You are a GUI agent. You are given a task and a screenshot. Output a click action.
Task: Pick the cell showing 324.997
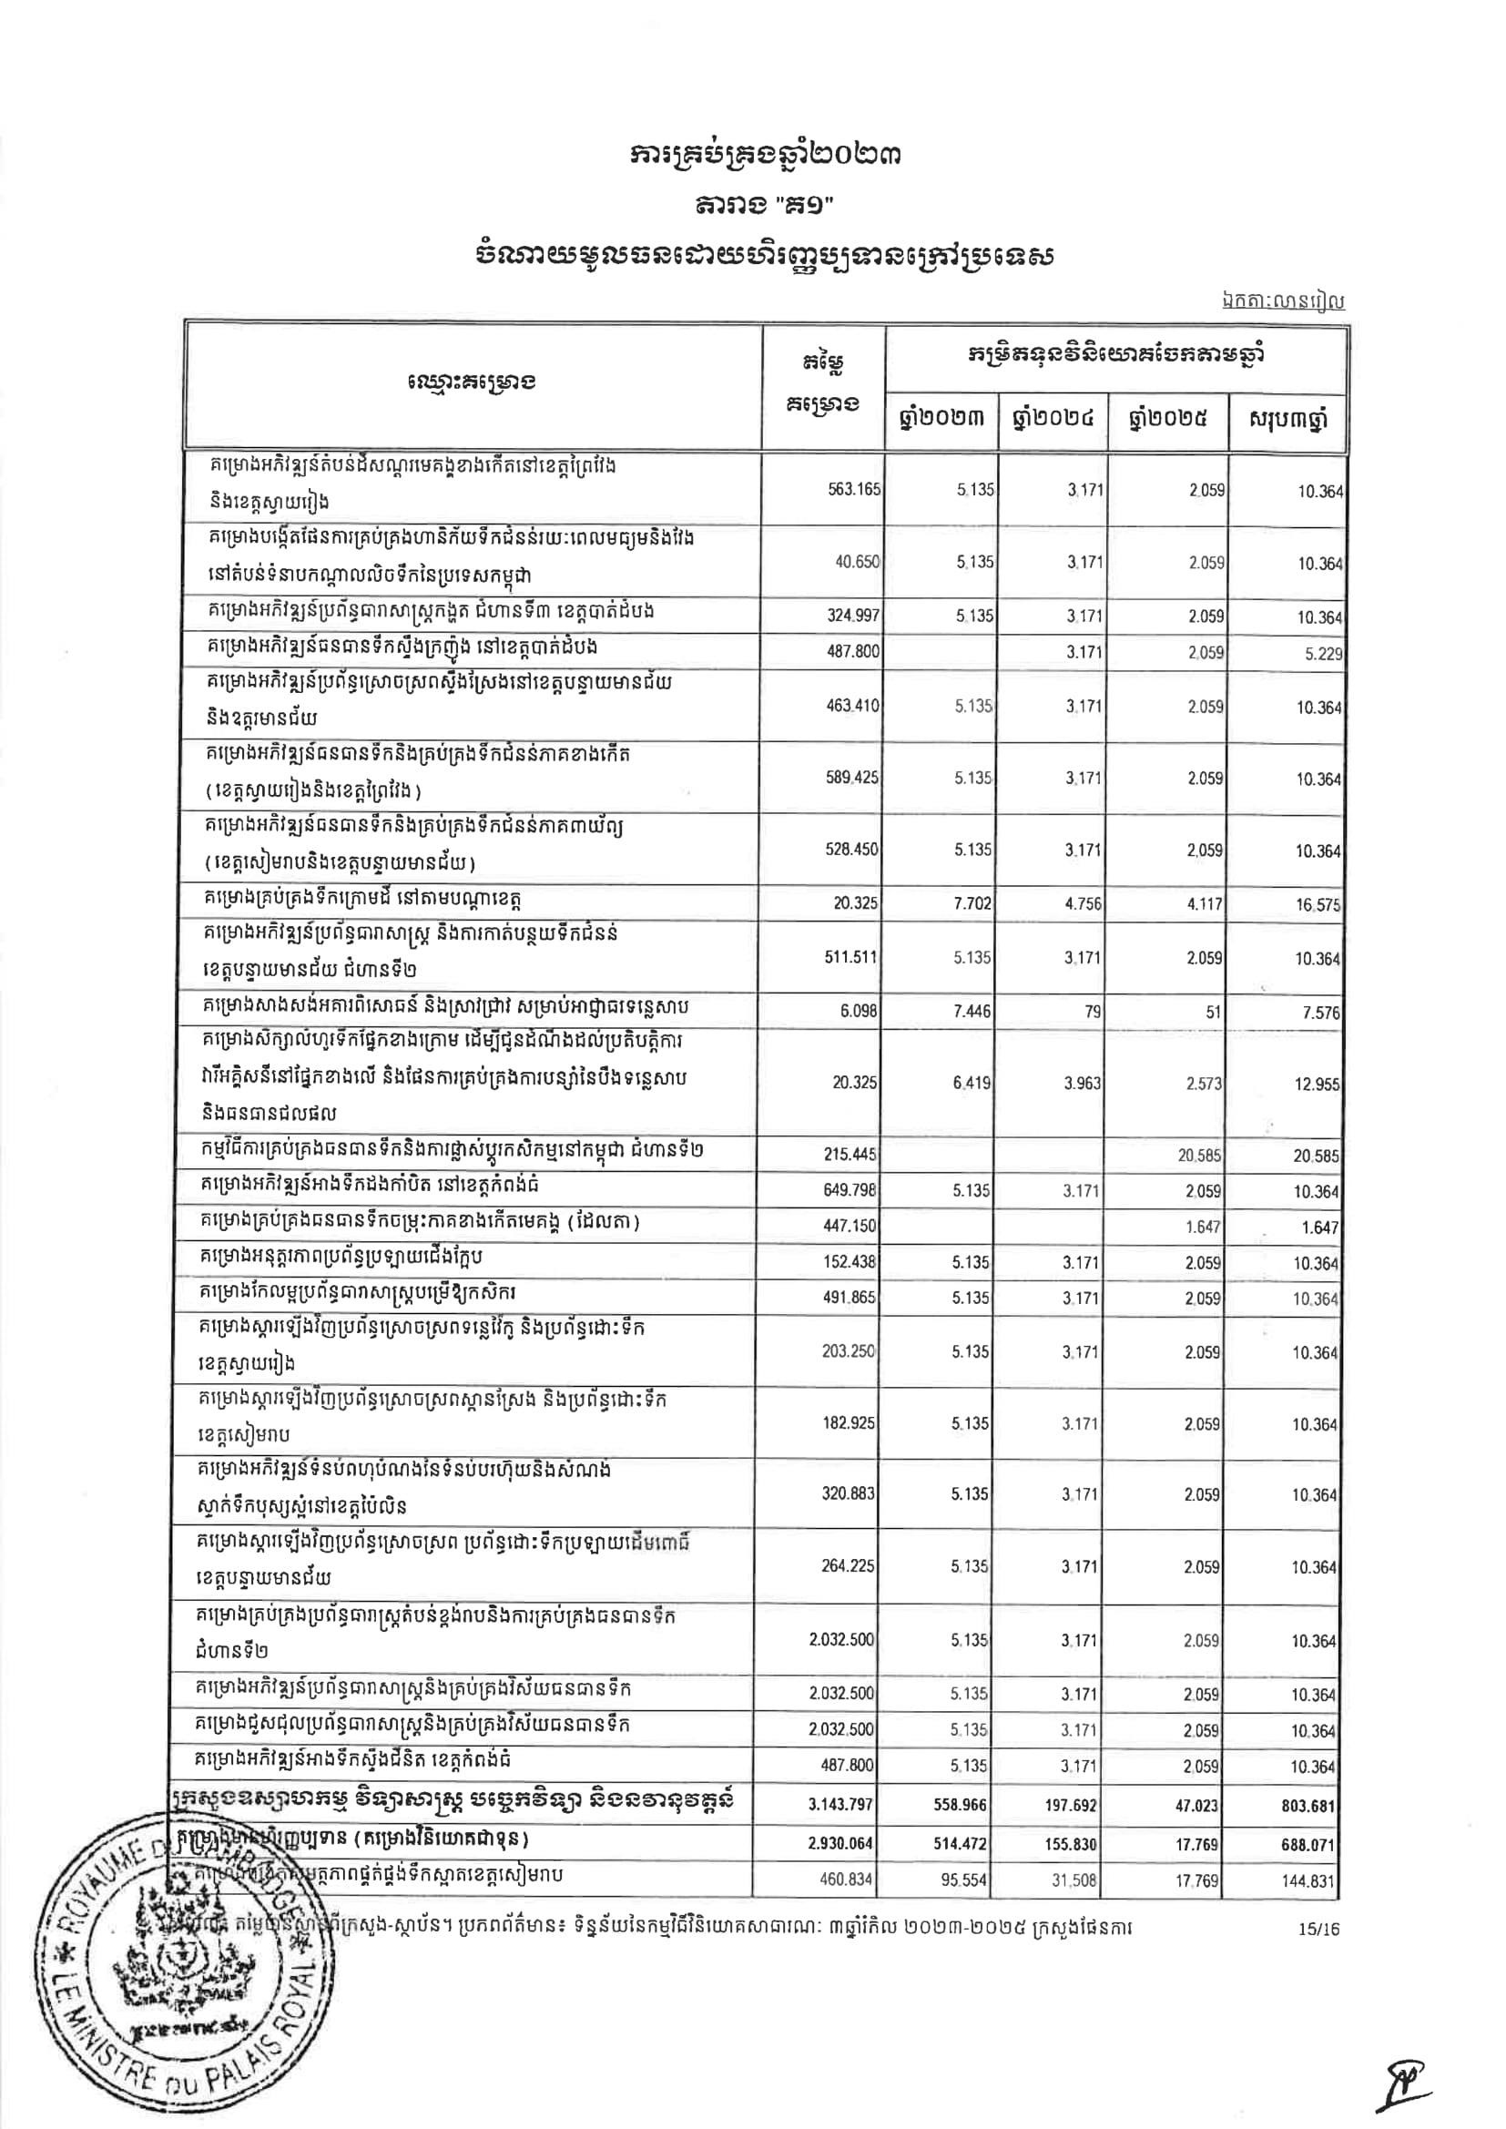[852, 616]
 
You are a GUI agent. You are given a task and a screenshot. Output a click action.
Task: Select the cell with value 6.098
[858, 1012]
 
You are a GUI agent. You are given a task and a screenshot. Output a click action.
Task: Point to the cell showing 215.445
[850, 1156]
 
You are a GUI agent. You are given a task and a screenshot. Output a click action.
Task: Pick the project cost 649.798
[850, 1190]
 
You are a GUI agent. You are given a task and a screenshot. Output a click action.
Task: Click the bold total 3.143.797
[841, 1806]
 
